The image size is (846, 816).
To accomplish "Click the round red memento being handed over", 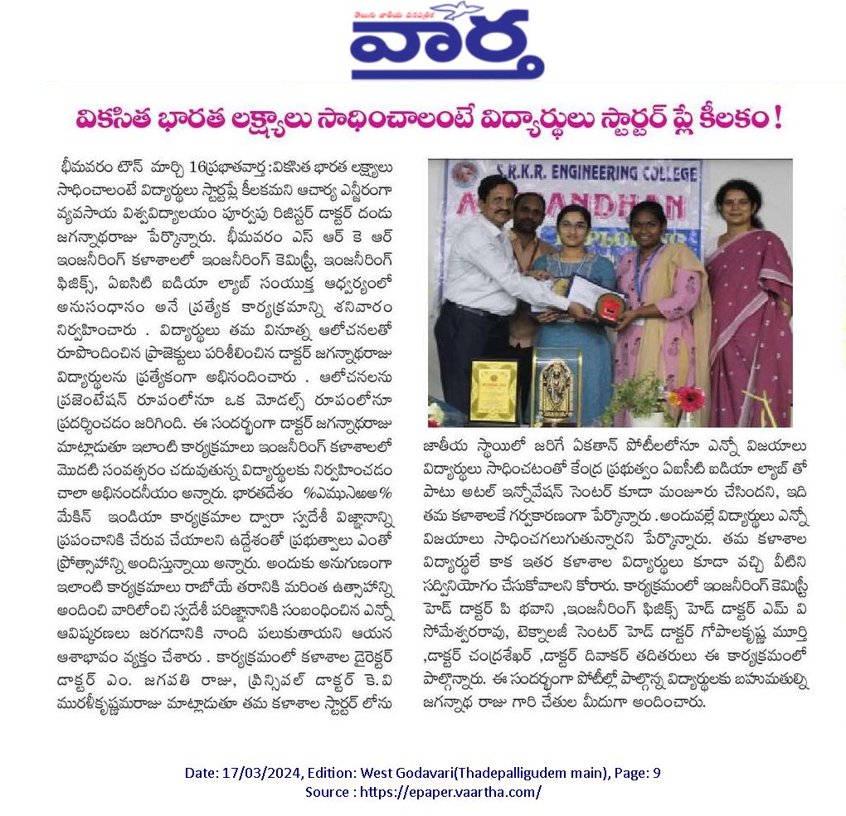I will click(610, 306).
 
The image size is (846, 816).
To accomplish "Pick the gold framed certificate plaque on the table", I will click(494, 391).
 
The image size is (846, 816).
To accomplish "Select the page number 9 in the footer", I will click(657, 773).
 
